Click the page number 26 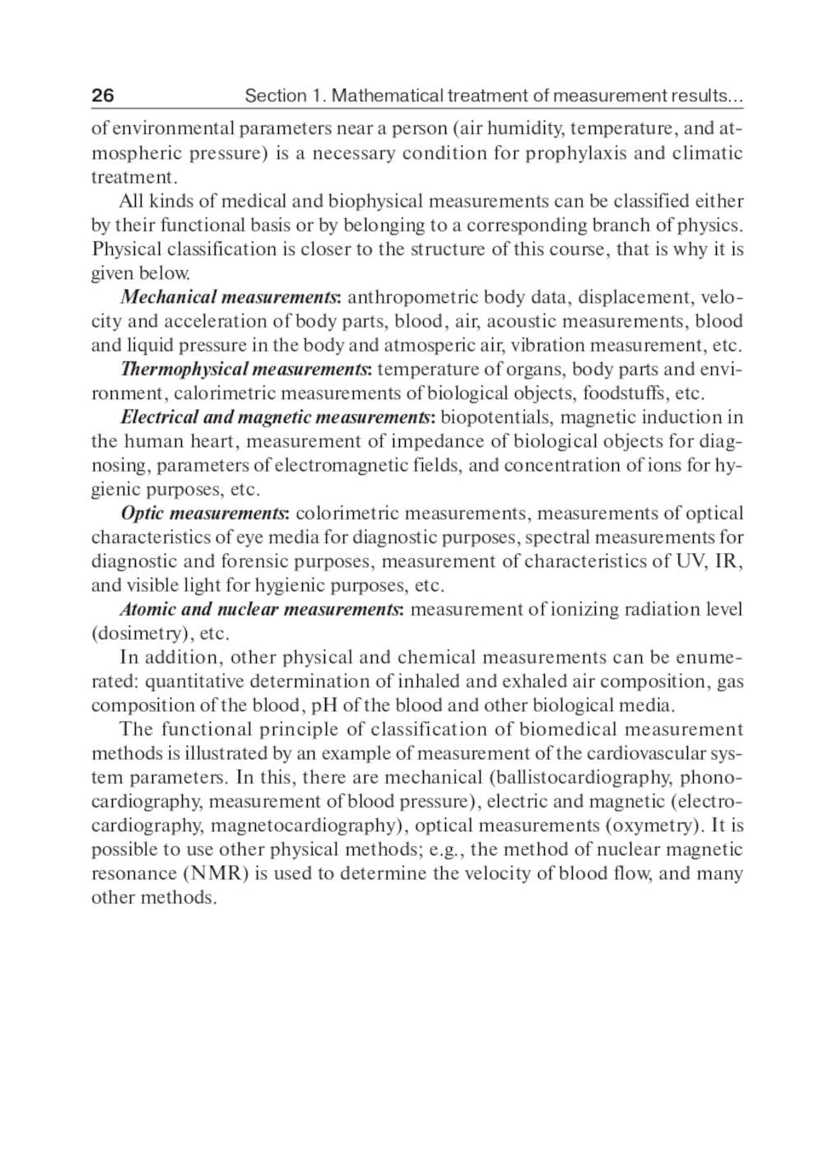coord(103,96)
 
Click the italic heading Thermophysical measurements coord(246,369)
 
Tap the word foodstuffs coord(630,393)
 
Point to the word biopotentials coord(497,417)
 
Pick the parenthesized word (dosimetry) coord(142,634)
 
